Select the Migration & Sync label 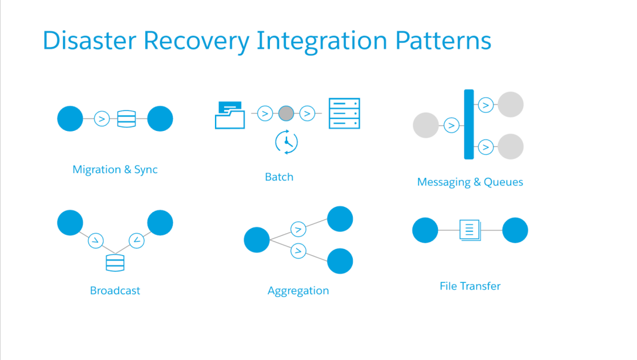point(115,170)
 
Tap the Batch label point(279,177)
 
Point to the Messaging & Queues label point(470,182)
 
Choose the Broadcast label point(115,290)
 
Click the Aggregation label point(298,290)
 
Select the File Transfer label point(470,286)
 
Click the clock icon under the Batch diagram point(286,142)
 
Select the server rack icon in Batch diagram point(344,113)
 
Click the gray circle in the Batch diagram point(286,114)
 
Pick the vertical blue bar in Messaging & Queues point(469,124)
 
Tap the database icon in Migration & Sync point(126,119)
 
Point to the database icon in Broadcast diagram point(115,262)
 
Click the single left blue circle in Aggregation point(257,240)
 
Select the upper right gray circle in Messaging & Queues point(511,105)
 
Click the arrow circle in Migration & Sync point(102,119)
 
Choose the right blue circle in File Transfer point(515,230)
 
